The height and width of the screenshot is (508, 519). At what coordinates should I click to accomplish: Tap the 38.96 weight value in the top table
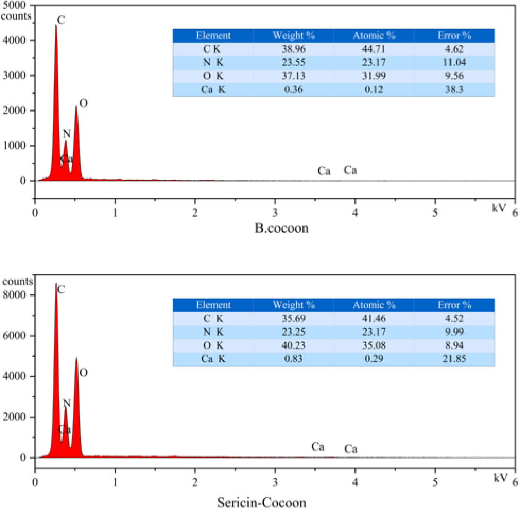(293, 49)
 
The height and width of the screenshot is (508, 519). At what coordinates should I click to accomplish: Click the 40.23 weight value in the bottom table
(293, 346)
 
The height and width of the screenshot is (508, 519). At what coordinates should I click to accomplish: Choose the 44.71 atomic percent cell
(374, 49)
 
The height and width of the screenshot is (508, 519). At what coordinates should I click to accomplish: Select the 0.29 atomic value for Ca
(374, 360)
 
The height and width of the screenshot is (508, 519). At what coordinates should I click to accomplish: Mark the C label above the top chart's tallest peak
(61, 20)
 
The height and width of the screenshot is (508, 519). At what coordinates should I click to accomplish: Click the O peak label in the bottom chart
(83, 373)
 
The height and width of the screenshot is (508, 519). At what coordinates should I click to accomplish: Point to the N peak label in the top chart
(66, 134)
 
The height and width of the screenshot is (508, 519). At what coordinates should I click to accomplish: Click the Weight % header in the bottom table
(293, 305)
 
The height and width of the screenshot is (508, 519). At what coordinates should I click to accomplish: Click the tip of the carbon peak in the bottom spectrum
(56, 284)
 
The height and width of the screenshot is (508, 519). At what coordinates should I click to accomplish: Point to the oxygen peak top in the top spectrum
(76, 106)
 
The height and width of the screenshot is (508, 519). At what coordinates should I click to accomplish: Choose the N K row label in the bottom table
(213, 332)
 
